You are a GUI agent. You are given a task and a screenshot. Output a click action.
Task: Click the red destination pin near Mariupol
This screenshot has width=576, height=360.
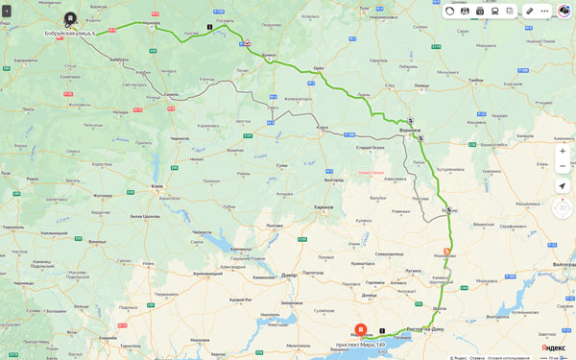[361, 329]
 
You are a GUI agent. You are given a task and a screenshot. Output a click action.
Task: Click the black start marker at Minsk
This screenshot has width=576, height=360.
[70, 18]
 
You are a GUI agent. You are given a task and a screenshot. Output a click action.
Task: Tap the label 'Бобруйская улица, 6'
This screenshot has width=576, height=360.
[70, 34]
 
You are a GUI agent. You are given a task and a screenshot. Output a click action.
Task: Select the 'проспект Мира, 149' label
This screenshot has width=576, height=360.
[361, 345]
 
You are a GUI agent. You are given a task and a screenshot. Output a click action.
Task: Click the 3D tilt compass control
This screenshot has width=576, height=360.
[562, 208]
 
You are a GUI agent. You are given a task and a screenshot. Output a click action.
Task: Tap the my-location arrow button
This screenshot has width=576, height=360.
[563, 185]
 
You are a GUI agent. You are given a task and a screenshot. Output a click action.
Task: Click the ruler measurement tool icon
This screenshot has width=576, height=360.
[529, 11]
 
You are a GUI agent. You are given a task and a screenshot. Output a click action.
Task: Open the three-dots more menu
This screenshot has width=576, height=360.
[544, 11]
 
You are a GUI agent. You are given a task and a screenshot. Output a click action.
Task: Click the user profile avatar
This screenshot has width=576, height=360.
[564, 11]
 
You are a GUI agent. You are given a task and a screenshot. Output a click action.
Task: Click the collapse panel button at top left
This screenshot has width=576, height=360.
[7, 11]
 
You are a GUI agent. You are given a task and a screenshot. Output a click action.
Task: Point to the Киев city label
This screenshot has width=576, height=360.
[157, 185]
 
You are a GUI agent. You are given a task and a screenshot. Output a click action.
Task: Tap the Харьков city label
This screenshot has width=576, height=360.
[324, 206]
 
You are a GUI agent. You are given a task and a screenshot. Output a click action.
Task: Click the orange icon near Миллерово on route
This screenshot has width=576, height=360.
[446, 251]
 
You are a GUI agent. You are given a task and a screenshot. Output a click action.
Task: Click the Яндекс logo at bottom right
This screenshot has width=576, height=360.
[553, 348]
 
